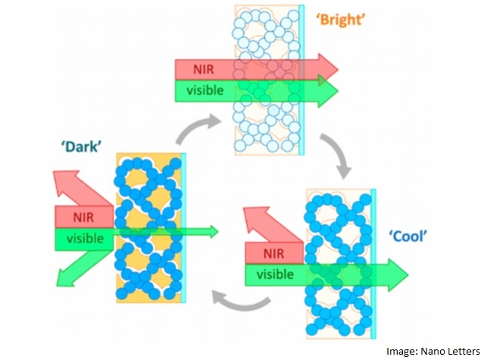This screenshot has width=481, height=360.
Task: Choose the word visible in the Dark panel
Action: (83, 239)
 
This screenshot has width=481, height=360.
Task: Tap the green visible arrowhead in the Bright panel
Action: (327, 92)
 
